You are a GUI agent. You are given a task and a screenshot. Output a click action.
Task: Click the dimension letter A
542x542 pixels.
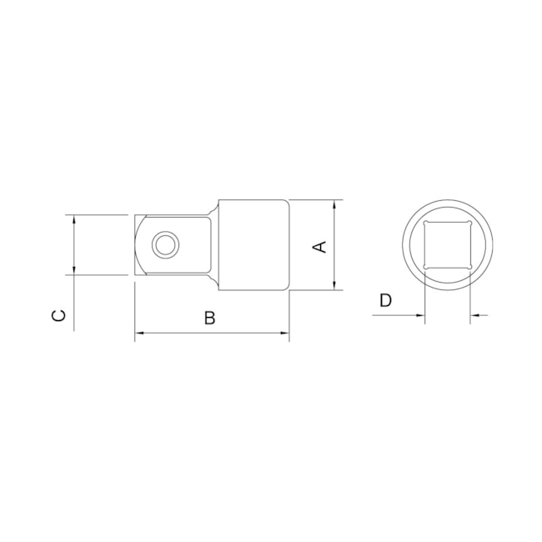[318, 246]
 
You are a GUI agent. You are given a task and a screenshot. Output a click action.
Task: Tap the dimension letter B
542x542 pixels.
[210, 317]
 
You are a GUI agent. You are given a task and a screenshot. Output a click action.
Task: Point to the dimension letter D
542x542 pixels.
[384, 300]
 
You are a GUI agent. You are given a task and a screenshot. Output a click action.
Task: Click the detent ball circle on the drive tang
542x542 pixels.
[164, 244]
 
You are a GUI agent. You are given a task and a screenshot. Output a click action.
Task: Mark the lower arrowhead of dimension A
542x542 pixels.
[334, 285]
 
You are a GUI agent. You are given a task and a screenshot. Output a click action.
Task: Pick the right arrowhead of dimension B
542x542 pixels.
[284, 334]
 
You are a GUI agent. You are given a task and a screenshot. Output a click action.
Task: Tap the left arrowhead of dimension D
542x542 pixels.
[420, 315]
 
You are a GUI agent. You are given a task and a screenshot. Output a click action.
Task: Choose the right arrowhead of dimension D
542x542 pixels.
[475, 315]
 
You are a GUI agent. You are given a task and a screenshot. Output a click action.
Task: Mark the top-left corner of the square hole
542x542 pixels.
[426, 224]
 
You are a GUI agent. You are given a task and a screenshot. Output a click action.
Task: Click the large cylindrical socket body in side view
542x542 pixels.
[254, 245]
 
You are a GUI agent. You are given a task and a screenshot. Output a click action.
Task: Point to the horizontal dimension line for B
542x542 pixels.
[212, 334]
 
